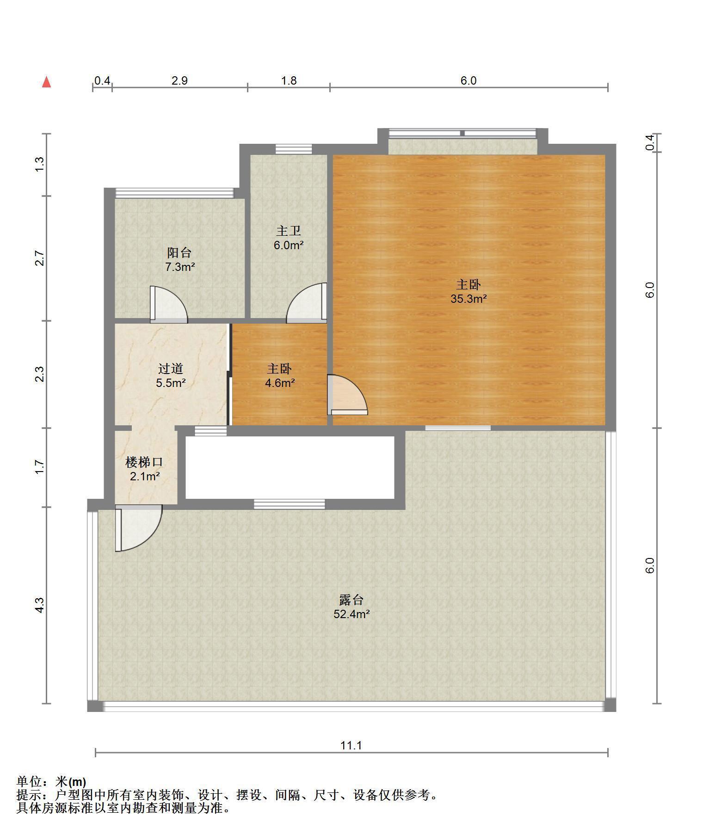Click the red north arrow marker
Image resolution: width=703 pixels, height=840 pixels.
tap(46, 82)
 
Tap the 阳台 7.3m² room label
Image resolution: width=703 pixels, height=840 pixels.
tap(179, 260)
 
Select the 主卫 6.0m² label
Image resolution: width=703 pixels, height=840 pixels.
tap(289, 238)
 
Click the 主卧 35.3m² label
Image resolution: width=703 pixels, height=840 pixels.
tap(469, 291)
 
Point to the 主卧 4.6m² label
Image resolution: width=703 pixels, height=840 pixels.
tap(280, 375)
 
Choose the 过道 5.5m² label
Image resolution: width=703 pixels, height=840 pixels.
tap(171, 375)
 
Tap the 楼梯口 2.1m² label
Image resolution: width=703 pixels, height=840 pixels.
tap(145, 469)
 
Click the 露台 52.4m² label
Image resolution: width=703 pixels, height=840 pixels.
tap(351, 607)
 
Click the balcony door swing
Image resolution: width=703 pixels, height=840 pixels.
tap(169, 304)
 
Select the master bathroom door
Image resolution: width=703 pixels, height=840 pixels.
tap(307, 303)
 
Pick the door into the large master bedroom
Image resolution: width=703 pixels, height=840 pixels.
tap(347, 394)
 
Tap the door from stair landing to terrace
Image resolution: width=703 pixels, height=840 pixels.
tap(138, 528)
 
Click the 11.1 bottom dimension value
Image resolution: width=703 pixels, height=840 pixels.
tap(351, 745)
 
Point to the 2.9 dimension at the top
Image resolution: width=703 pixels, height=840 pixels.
tap(179, 80)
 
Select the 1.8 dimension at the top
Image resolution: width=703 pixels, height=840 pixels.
tap(289, 80)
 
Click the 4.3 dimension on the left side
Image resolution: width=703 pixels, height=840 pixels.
tap(40, 605)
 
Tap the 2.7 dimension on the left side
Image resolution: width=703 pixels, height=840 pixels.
tap(40, 258)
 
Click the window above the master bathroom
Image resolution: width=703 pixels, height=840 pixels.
tap(294, 149)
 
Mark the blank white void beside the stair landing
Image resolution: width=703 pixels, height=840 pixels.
tap(290, 467)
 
